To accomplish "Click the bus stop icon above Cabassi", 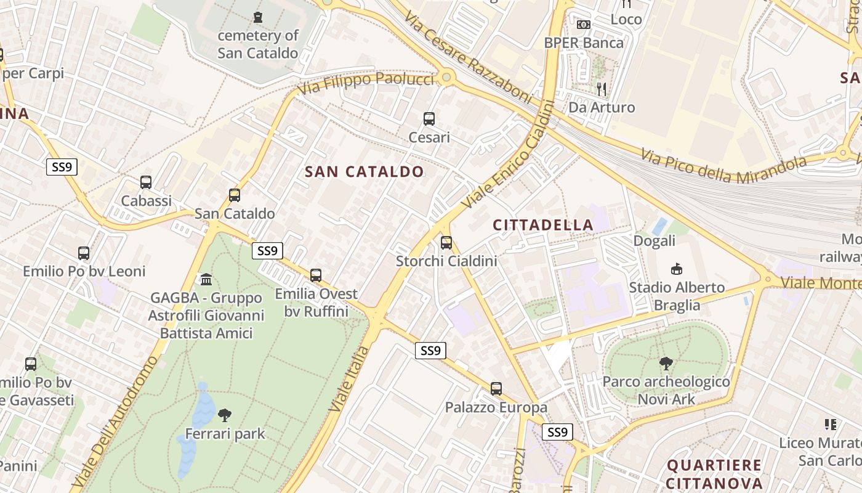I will tap(146, 182).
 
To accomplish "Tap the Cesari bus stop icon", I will tap(429, 119).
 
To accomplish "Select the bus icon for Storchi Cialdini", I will tap(446, 243).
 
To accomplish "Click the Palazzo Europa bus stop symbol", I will tap(496, 389).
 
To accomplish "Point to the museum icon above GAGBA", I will tap(206, 280).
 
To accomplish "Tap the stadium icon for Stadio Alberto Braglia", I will tap(677, 269).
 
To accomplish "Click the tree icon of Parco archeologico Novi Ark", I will tap(666, 364).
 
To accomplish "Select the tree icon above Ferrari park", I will tap(225, 415).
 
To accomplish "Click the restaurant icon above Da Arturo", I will tap(602, 89).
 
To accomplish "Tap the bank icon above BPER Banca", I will tap(584, 25).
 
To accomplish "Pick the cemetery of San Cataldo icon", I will tap(258, 17).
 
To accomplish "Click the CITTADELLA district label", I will tap(543, 226).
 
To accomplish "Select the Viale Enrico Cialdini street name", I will tap(507, 155).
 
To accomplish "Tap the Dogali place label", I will tap(655, 241).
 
